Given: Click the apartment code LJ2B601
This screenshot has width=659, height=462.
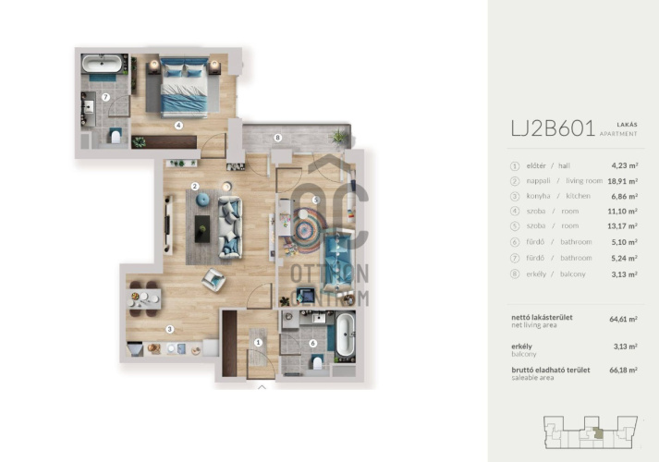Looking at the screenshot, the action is (x=553, y=128).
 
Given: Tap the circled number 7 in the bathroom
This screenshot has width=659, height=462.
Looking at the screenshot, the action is (x=105, y=97).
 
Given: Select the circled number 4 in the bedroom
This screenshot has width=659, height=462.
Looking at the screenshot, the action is (x=178, y=125).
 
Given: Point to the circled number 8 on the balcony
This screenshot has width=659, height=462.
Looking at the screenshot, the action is (x=277, y=138).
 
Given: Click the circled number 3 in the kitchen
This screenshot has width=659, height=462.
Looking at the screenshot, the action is (x=170, y=329).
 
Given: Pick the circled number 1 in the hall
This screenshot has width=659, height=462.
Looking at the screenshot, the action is (x=258, y=343).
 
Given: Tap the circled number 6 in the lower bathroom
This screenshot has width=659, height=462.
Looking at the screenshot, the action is (x=312, y=343).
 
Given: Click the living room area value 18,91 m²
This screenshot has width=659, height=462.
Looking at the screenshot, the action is (x=622, y=181).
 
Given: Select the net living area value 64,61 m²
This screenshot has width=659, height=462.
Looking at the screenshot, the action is (x=623, y=319).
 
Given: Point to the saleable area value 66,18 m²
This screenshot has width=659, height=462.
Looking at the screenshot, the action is (x=623, y=370).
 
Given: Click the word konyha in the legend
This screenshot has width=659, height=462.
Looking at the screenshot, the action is (x=538, y=196).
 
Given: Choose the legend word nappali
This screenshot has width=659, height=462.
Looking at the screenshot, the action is (x=538, y=180).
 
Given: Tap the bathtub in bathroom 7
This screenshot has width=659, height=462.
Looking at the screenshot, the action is (x=102, y=64).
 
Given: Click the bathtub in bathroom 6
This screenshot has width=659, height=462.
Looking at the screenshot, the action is (x=346, y=335).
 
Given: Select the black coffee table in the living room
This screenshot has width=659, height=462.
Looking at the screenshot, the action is (x=202, y=229).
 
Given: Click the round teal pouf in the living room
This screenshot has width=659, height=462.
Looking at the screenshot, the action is (x=203, y=200).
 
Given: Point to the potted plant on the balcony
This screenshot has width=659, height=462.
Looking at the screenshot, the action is (x=338, y=137).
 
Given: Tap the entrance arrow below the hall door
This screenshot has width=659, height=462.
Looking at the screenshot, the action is (x=262, y=387).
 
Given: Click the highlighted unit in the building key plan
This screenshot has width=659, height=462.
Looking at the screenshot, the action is (x=598, y=434).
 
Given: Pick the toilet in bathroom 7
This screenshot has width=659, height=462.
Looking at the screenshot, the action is (x=116, y=136).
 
